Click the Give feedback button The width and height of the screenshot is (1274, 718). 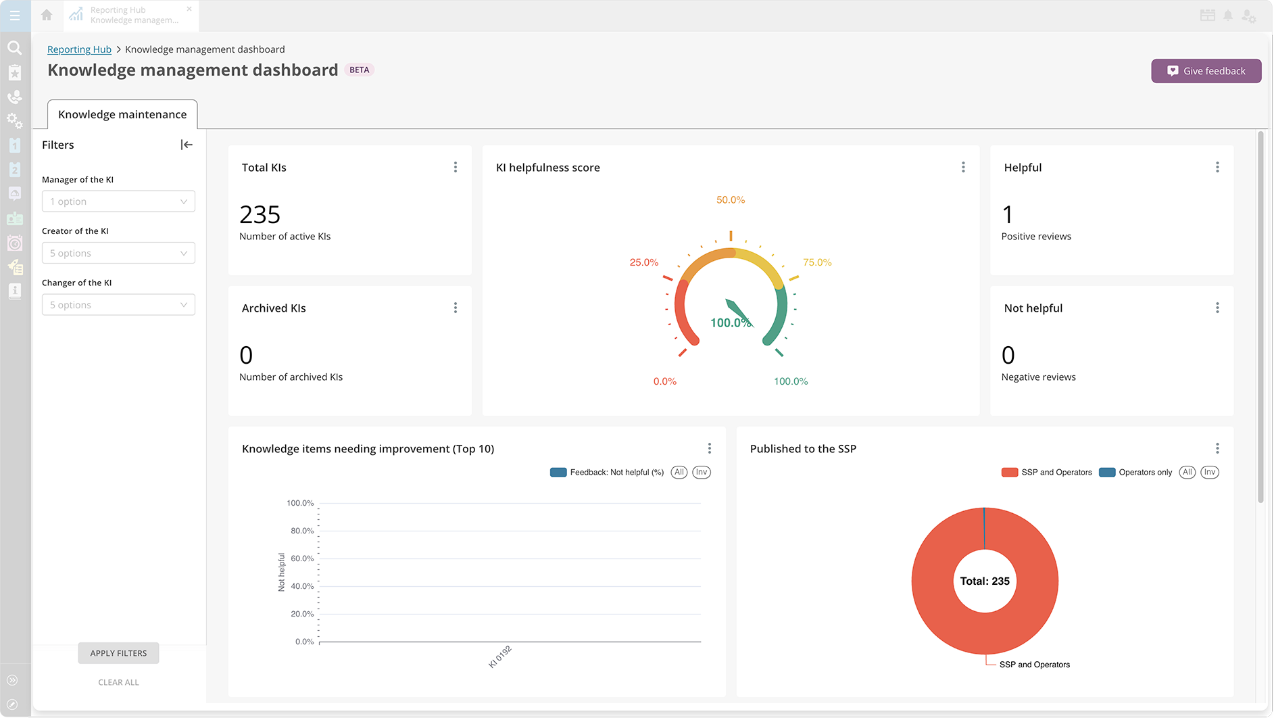tap(1206, 71)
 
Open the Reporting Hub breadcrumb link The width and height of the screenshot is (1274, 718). tap(79, 49)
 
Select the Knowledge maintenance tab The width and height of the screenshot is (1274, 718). tap(122, 114)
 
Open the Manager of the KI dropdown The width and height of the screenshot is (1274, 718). tap(118, 201)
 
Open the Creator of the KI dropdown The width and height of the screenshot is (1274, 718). tap(118, 254)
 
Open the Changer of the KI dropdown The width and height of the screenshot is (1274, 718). tap(118, 305)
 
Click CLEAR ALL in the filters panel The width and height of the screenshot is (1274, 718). tap(118, 682)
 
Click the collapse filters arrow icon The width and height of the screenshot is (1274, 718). tap(187, 145)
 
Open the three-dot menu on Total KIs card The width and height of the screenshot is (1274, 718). tap(456, 167)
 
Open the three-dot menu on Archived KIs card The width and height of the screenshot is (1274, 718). tap(456, 308)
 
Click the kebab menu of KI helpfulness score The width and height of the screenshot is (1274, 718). tap(963, 167)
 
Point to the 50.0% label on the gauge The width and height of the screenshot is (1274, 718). tap(731, 200)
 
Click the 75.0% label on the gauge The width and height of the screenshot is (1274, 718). tap(817, 262)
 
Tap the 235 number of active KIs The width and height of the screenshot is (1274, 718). tap(260, 215)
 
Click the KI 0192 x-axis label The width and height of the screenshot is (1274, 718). tap(500, 656)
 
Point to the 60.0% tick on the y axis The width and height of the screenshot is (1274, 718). tap(302, 558)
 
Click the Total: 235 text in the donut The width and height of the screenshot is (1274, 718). tap(985, 581)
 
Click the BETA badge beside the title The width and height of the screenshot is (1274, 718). tap(360, 70)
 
